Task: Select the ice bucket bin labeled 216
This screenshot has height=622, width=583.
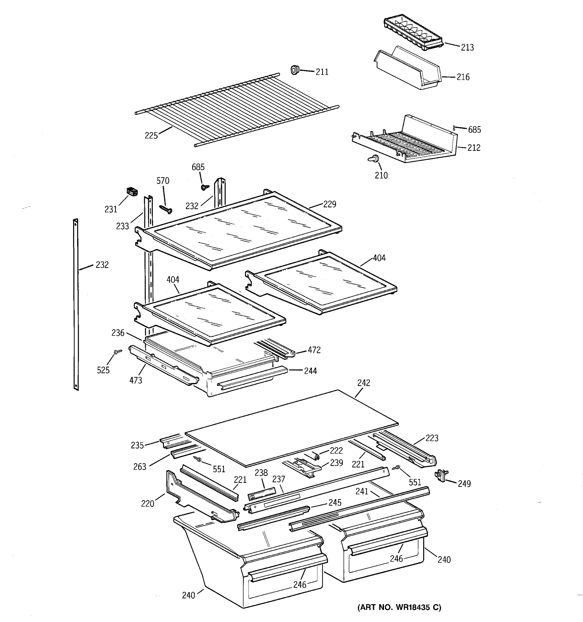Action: [x=407, y=70]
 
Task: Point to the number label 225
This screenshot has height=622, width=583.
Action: [x=151, y=136]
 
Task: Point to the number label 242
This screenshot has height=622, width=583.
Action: [x=364, y=383]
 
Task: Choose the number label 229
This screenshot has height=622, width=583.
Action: [x=329, y=204]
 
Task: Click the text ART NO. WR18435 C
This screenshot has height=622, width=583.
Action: [x=399, y=607]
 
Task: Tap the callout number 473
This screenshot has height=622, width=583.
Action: [x=136, y=380]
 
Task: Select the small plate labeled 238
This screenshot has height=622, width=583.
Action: [x=261, y=493]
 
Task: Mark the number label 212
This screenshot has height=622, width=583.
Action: [x=474, y=147]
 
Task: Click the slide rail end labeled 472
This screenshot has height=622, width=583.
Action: [x=289, y=353]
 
